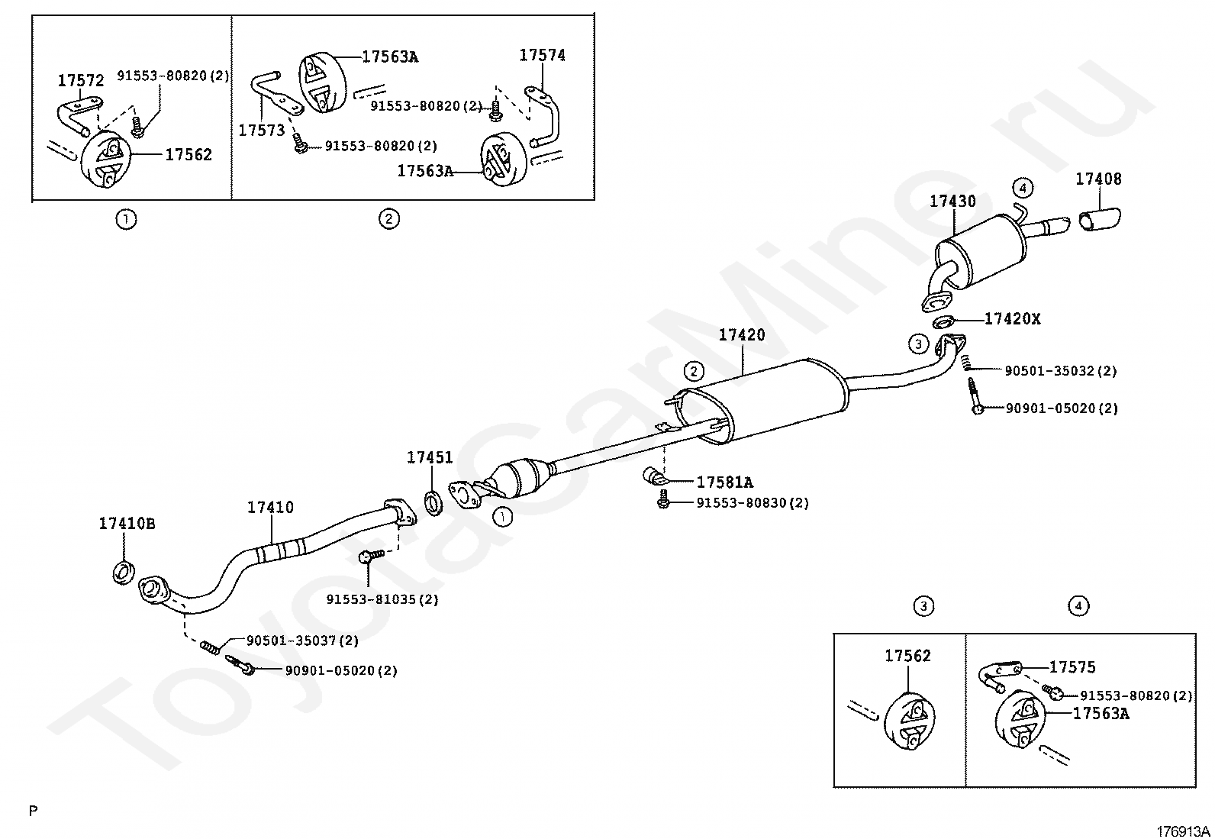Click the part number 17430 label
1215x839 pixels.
pos(952,202)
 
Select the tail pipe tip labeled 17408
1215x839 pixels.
pos(1099,218)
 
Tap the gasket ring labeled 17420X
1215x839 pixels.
pos(943,321)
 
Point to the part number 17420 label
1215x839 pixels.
pos(742,335)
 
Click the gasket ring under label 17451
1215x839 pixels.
pos(433,502)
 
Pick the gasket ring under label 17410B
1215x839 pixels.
pos(124,573)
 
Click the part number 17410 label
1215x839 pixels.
pos(270,508)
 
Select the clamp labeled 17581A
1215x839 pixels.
pos(654,476)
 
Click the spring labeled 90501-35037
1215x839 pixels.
pos(211,647)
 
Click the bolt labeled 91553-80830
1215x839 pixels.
pos(662,499)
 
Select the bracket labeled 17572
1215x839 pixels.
pos(79,113)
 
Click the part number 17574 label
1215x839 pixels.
pos(543,56)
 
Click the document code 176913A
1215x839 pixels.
pos(1182,831)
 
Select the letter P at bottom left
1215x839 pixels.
pos(34,811)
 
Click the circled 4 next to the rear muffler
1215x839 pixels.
pos(1023,188)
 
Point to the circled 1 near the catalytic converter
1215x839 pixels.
pos(502,517)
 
